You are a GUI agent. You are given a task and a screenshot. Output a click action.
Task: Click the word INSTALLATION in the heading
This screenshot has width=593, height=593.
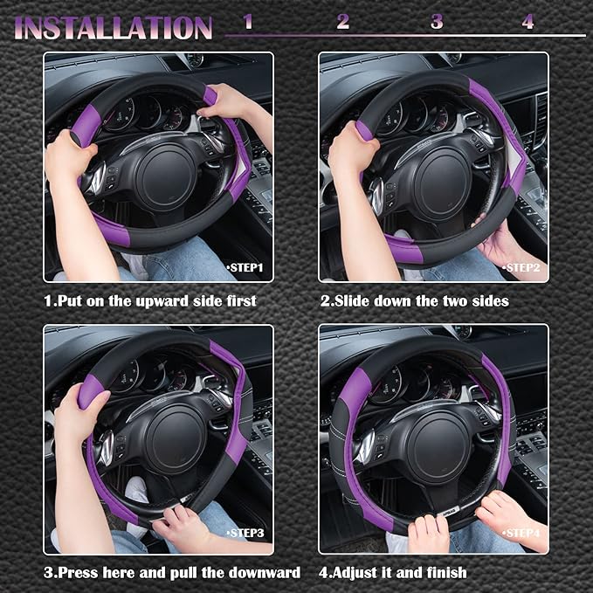pos(114,27)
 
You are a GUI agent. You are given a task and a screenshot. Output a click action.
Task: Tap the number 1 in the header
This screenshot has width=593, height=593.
pos(248,22)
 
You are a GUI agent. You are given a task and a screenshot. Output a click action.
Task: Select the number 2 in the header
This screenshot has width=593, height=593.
pos(342,22)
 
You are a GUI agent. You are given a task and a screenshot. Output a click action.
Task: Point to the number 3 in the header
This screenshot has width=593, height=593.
pos(437,22)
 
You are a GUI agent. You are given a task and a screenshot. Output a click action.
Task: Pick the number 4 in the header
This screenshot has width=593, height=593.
pos(527,22)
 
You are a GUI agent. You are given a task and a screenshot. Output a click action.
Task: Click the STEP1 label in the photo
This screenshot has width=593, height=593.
pos(245,267)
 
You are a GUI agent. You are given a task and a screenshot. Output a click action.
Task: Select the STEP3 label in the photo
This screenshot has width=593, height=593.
pos(245,533)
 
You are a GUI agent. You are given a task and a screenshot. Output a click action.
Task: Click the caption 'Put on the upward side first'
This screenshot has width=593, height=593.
pos(150,300)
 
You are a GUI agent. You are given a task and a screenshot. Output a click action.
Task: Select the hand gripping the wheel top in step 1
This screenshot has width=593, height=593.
pos(224,100)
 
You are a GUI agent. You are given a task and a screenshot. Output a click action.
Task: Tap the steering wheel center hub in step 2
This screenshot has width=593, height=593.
pos(443,179)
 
